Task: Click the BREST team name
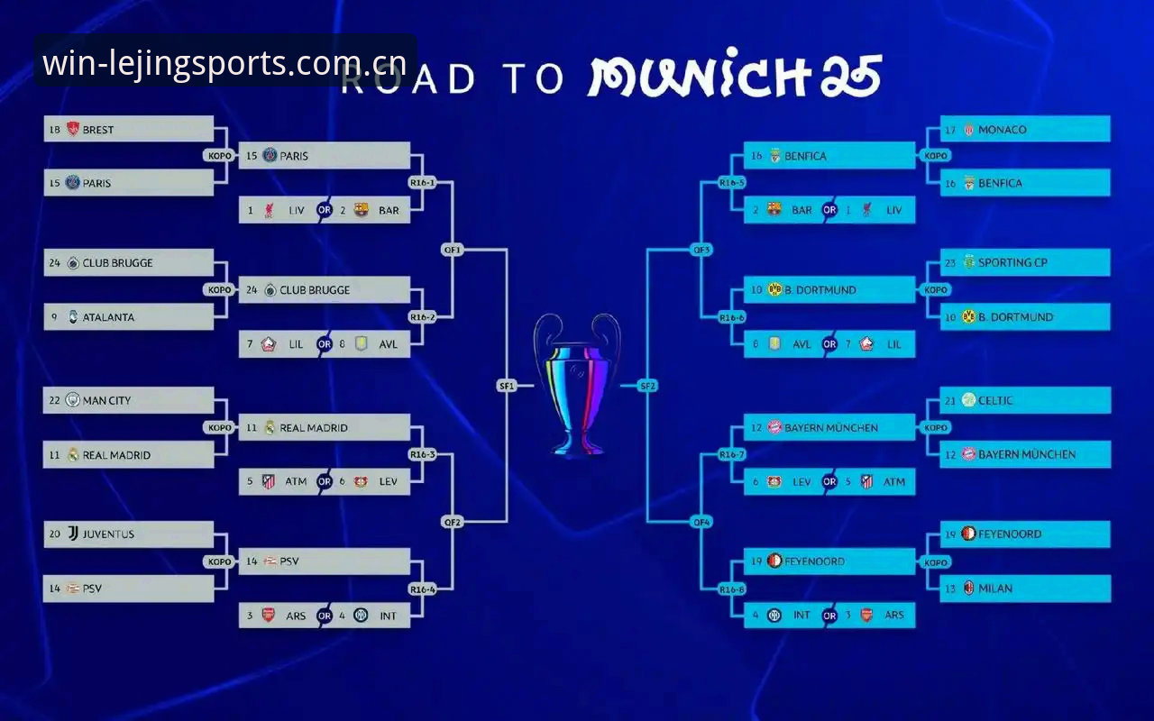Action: coord(98,130)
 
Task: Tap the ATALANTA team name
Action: coord(108,317)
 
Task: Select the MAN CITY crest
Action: coord(73,400)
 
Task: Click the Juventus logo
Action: coord(73,534)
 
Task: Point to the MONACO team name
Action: coord(1002,130)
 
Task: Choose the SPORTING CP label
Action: coord(1012,262)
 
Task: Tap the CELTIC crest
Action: coord(968,400)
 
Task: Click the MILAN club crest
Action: coord(968,589)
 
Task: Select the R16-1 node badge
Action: coord(423,182)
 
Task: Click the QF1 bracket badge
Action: coord(453,250)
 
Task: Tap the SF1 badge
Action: coord(507,386)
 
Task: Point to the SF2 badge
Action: coord(647,386)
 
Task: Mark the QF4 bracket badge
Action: coord(701,522)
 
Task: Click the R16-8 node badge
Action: coord(731,589)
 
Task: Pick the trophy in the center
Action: coord(577,385)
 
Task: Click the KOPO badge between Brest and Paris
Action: coord(220,156)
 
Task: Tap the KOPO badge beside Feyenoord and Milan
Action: coord(936,562)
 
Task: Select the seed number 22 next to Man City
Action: coord(55,400)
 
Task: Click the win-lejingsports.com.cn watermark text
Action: coord(224,63)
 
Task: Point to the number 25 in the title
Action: coord(850,76)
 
